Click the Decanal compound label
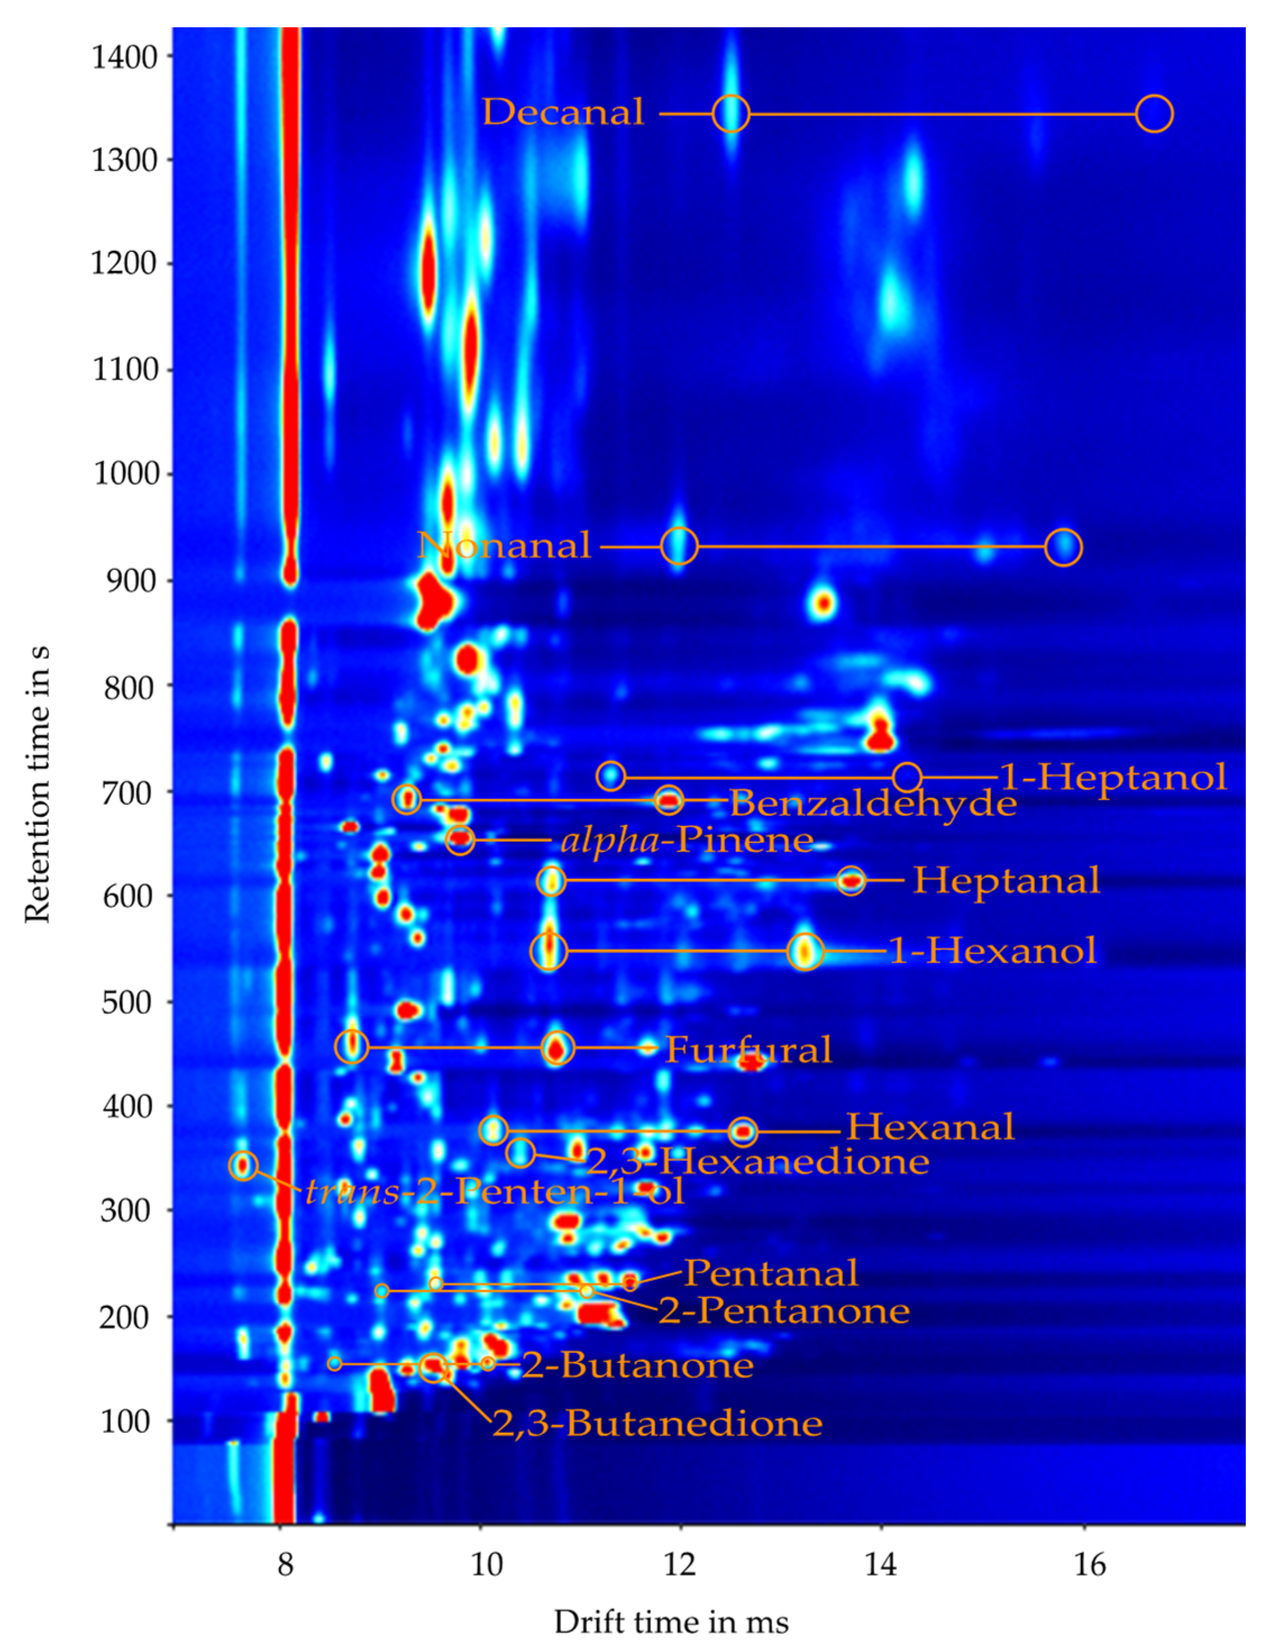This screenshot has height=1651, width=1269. click(563, 113)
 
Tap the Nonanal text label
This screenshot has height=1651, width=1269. click(504, 545)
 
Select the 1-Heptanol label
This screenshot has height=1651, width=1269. click(1112, 777)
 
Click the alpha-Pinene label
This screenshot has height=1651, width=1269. click(686, 840)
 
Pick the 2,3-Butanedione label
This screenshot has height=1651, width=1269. click(657, 1424)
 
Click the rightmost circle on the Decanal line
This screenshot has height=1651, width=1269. click(1154, 114)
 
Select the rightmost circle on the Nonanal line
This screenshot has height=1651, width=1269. click(1064, 547)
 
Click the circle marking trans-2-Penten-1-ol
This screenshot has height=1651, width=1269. click(242, 1166)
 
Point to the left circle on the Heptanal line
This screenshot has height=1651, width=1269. click(551, 880)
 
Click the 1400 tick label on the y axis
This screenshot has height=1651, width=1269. click(125, 57)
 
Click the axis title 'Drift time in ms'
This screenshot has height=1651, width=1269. click(671, 1622)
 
